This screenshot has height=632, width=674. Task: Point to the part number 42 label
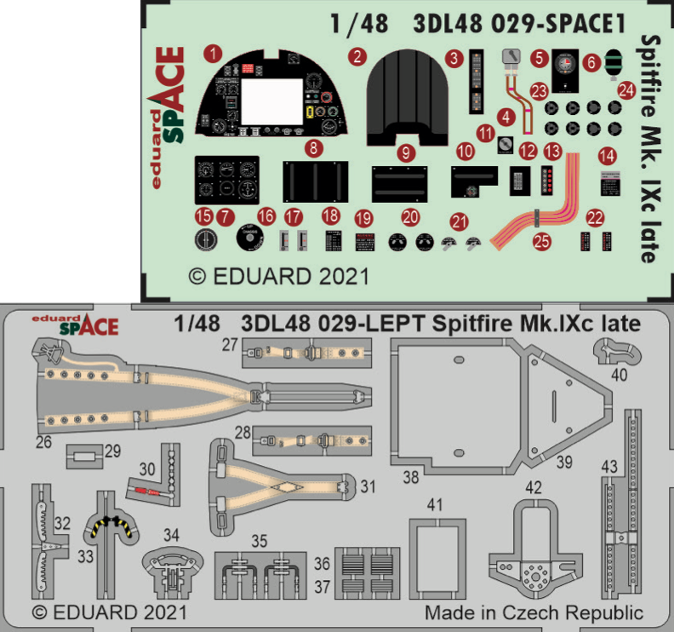(534, 487)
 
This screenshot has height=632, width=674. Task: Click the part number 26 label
(43, 442)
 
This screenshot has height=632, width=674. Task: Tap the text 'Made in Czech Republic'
(534, 613)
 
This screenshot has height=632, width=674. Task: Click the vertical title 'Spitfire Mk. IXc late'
(648, 149)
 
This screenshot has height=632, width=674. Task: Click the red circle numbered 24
(626, 89)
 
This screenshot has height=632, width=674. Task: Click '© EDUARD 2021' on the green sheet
(278, 277)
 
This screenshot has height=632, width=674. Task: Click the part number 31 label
(368, 487)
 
